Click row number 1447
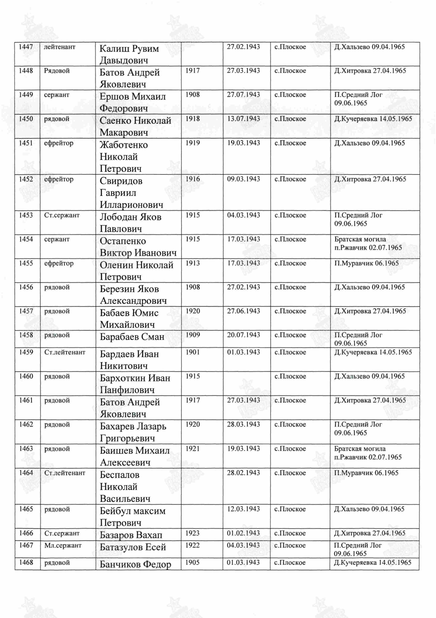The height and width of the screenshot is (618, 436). (x=26, y=47)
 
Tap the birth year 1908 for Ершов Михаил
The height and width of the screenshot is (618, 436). (x=193, y=95)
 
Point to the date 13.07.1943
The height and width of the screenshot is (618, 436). (x=243, y=119)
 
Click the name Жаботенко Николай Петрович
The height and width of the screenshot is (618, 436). (x=124, y=157)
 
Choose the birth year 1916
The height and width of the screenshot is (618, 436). (x=193, y=179)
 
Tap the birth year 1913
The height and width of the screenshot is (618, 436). (x=193, y=263)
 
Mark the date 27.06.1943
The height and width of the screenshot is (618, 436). (x=243, y=311)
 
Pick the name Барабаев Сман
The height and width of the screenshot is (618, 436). (x=132, y=337)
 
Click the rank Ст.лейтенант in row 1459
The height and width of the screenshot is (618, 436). (x=65, y=352)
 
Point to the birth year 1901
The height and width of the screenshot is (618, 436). (x=193, y=352)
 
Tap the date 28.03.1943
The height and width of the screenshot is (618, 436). (x=243, y=424)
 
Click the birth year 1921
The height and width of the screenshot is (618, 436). (x=193, y=449)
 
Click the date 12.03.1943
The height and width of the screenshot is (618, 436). (x=243, y=509)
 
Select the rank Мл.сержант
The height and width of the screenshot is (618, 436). (x=63, y=545)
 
